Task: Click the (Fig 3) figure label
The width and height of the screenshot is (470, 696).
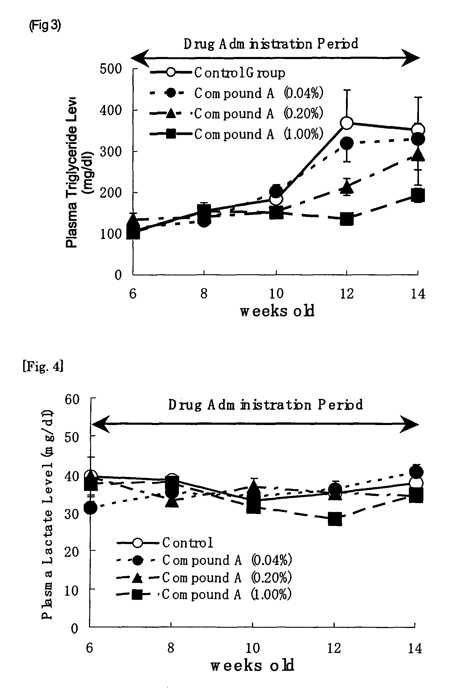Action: [45, 26]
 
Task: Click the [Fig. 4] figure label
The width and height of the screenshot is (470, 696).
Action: [43, 366]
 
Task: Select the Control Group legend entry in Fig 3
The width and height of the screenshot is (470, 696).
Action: [217, 73]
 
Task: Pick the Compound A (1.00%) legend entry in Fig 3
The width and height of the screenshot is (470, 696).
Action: [236, 134]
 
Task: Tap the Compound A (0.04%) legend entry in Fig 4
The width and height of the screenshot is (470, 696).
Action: [204, 560]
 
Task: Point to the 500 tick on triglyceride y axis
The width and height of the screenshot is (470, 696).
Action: [111, 69]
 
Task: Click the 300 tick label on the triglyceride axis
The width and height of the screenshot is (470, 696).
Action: [111, 152]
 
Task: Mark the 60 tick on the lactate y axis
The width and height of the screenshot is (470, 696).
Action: [72, 399]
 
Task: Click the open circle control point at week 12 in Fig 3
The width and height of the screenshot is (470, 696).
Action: [347, 123]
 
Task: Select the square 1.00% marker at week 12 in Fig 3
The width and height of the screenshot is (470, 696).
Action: [347, 219]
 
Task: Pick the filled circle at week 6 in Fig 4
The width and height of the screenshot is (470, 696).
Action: [90, 508]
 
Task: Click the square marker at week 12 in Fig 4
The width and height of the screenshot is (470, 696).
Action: [335, 519]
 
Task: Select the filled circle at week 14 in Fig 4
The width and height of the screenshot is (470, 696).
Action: [416, 473]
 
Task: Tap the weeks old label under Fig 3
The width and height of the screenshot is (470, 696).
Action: [277, 311]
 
